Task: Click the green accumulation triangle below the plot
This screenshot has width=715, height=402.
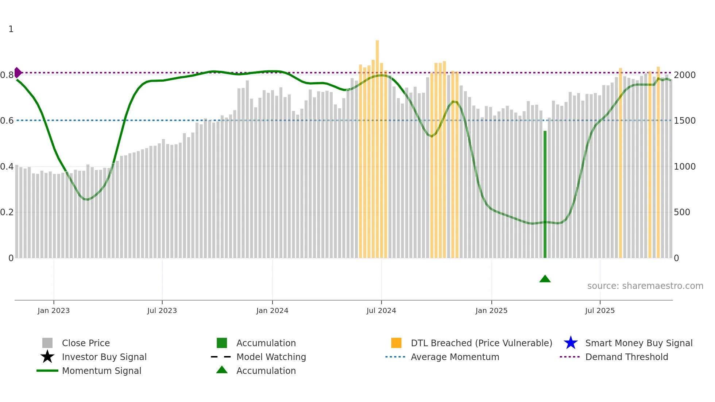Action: [x=545, y=279]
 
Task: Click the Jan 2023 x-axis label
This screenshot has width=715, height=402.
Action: [x=54, y=311]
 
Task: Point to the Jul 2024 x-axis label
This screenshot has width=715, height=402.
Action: [x=381, y=311]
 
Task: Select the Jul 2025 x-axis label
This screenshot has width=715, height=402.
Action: [x=600, y=311]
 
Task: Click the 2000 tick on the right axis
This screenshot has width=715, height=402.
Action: [x=684, y=75]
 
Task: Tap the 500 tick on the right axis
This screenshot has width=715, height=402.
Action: [x=681, y=212]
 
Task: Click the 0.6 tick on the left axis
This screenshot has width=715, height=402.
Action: [x=7, y=121]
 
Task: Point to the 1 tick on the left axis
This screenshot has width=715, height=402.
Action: [x=11, y=29]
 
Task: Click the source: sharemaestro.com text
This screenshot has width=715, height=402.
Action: [x=645, y=286]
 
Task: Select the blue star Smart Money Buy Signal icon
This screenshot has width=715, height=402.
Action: [x=571, y=343]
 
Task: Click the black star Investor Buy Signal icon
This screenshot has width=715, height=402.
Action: [x=47, y=357]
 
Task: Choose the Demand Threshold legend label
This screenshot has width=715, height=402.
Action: [x=626, y=357]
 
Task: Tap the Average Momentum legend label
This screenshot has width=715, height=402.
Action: [x=455, y=357]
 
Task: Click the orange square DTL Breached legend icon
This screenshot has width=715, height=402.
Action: [x=396, y=343]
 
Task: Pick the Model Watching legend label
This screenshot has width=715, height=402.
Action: [x=271, y=357]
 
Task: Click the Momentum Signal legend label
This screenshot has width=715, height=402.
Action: [x=101, y=371]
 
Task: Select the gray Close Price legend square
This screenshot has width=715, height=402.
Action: [x=47, y=343]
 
